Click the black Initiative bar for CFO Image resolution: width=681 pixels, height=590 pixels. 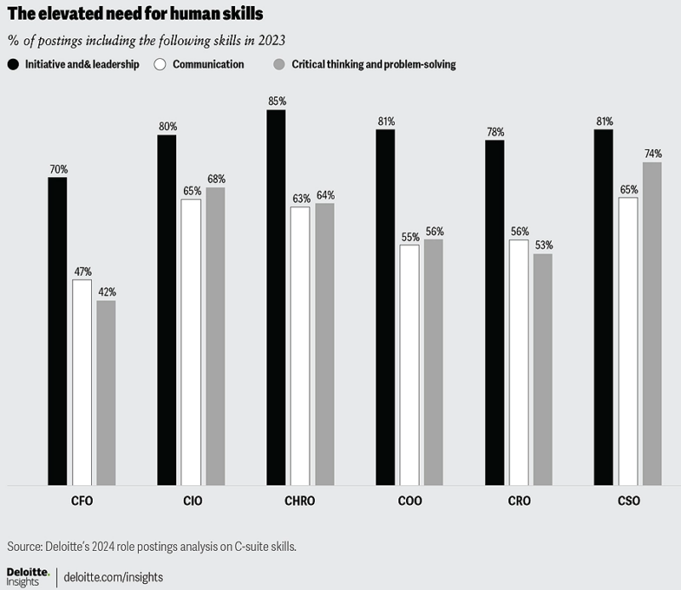pos(57,331)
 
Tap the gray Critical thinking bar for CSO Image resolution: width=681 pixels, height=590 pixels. pos(652,324)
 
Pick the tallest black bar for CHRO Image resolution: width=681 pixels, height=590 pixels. pos(276,298)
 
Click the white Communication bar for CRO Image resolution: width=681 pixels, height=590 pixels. pos(518,363)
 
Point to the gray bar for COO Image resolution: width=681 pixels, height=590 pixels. pos(433,363)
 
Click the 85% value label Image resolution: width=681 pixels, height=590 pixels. pos(277,101)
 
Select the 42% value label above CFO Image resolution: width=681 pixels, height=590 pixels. pos(106,292)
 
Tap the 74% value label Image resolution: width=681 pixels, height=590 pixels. pos(653,154)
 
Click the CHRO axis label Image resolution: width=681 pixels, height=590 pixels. pos(300,501)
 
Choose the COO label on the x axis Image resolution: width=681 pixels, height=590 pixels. pos(409,501)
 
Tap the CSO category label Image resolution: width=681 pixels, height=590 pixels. pos(628,501)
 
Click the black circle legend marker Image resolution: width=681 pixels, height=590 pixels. pos(14,65)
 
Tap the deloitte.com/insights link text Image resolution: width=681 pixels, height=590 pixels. pos(112,577)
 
